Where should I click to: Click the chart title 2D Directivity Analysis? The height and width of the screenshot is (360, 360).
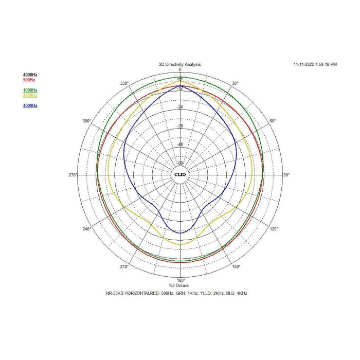coord(180,64)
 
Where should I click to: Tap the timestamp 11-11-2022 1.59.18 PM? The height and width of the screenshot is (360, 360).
coord(315,64)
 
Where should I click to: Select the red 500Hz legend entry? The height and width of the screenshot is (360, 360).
coord(29,80)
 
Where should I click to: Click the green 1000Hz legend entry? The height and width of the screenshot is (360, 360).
coord(30,90)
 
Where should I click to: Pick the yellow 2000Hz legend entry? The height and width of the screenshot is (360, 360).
coord(30,95)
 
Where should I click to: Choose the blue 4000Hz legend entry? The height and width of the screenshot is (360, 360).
coord(30,105)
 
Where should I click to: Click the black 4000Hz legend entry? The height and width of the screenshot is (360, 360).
coord(30,75)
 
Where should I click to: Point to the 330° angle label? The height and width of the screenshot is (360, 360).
coord(124,83)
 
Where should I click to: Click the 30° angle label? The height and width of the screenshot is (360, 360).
coord(235,83)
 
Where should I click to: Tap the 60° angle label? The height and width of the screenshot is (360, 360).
coord(273,121)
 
